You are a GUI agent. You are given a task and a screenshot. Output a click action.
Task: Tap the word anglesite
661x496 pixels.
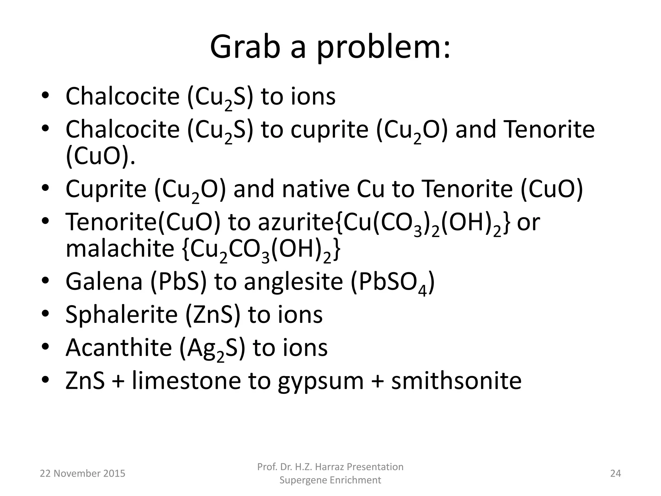click(293, 282)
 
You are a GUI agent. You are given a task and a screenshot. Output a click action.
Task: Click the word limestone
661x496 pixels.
click(186, 381)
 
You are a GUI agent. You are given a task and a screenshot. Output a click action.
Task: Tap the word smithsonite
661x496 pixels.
click(456, 381)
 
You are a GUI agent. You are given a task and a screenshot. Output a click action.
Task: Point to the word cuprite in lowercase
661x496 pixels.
click(329, 129)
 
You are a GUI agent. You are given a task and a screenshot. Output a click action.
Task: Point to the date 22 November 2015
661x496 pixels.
click(82, 473)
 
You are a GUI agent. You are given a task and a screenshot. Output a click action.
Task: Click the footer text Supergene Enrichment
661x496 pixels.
click(330, 480)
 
